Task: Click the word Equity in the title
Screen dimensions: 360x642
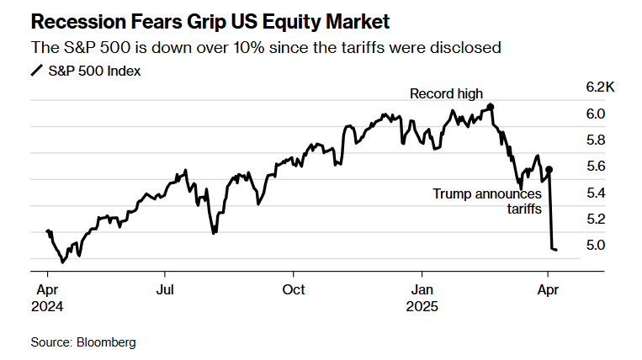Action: pos(274,18)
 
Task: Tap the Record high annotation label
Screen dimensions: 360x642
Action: pos(446,93)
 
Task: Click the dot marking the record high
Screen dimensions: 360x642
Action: pos(491,106)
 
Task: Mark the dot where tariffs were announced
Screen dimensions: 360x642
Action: pos(549,169)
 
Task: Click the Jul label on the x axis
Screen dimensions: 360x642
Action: pos(165,289)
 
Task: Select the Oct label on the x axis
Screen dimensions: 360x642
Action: pos(294,289)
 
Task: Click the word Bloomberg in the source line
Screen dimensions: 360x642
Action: pos(106,342)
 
